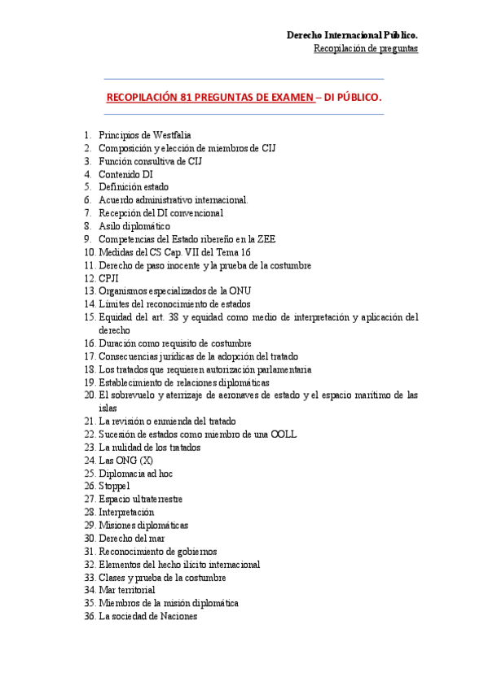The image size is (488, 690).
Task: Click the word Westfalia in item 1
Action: [171, 135]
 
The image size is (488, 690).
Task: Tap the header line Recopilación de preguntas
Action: [366, 49]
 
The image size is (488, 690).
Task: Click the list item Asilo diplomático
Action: [134, 226]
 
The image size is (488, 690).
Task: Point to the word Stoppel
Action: [114, 487]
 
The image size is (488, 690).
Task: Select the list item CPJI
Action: [109, 278]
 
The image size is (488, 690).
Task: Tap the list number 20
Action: [89, 395]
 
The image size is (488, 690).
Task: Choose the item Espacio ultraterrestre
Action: [140, 500]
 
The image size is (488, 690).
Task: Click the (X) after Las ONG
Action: [147, 461]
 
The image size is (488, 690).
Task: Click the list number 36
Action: [89, 617]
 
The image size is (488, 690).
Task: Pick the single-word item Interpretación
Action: [126, 513]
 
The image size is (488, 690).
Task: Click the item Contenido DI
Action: [125, 174]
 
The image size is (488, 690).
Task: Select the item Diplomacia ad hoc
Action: [135, 474]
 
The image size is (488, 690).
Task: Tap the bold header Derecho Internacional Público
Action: [353, 36]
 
